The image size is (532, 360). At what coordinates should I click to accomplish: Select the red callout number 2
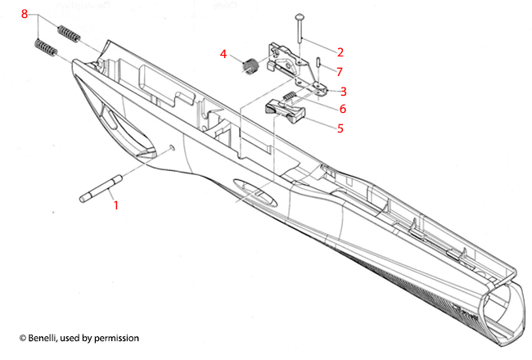coord(340,52)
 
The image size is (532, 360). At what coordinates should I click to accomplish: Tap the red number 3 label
coord(343,91)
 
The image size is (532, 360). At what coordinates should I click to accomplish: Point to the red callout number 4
coord(223,54)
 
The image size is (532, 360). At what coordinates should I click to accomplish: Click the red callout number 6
coord(343,109)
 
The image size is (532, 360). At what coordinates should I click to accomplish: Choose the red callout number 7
coord(340,71)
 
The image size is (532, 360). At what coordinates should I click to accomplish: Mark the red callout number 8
coord(24,15)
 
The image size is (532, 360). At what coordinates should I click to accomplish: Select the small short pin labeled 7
coord(316,61)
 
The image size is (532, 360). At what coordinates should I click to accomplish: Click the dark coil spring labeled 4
coord(250,66)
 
